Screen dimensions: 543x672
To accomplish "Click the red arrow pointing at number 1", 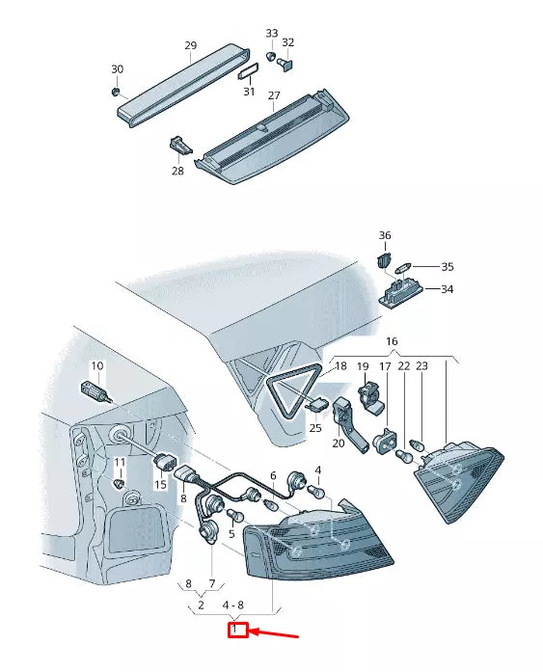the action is (x=273, y=633).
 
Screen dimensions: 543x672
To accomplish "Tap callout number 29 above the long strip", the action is (x=191, y=45).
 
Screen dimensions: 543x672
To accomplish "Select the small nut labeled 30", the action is (x=115, y=92).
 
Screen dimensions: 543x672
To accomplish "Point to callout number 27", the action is (x=274, y=95).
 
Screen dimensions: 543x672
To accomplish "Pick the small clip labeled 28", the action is (x=180, y=146).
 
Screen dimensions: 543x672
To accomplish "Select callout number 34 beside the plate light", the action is (x=447, y=289).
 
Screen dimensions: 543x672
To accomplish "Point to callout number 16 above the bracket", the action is (x=392, y=341).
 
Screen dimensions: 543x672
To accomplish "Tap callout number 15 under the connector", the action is (x=160, y=485).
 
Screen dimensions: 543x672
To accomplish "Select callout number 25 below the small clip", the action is (x=315, y=428).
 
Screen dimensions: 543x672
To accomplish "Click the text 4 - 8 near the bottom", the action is (x=232, y=605).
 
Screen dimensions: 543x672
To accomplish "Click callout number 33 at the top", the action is (x=272, y=33).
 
